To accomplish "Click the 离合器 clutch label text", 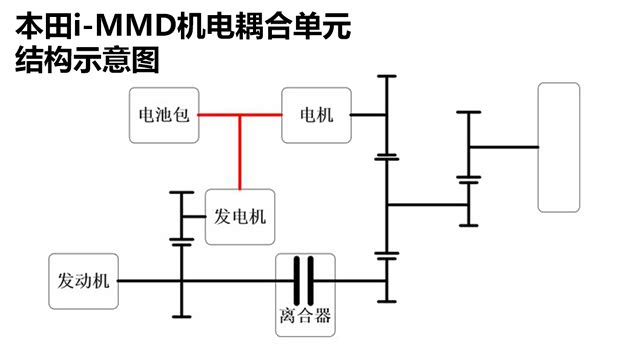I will point(305,321).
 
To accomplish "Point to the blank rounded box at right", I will point(558,147).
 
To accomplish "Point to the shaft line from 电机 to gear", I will point(367,115).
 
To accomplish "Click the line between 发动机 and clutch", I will point(200,281).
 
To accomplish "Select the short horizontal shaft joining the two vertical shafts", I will point(426,205).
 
